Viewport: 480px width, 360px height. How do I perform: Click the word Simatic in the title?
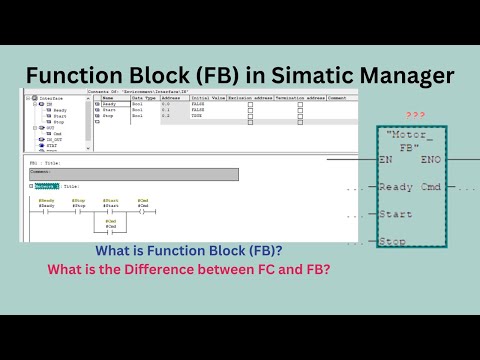(276, 75)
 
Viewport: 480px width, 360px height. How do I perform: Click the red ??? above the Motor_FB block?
(416, 116)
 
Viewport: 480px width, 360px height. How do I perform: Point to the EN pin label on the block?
(386, 159)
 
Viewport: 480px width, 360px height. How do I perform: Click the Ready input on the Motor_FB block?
(396, 187)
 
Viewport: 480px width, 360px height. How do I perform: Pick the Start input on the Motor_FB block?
(396, 213)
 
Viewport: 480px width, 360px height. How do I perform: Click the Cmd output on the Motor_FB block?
(431, 187)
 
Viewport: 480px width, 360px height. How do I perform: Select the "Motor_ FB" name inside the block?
(412, 139)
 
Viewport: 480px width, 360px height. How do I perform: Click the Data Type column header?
(143, 98)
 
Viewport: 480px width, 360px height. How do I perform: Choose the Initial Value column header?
(205, 98)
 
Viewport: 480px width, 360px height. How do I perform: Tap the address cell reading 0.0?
(166, 104)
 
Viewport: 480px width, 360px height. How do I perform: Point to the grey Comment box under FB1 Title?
(134, 175)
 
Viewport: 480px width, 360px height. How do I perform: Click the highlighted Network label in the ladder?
(46, 186)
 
